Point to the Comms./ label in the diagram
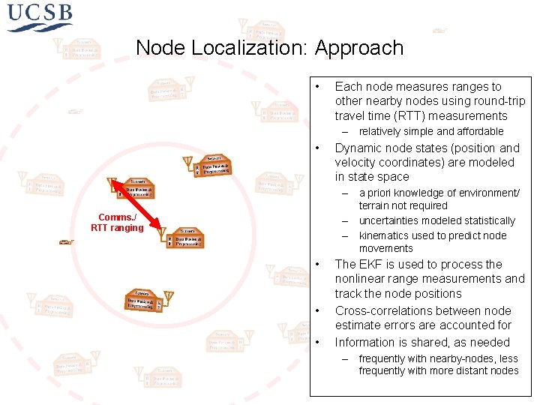[x=116, y=217]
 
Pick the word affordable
[x=477, y=131]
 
